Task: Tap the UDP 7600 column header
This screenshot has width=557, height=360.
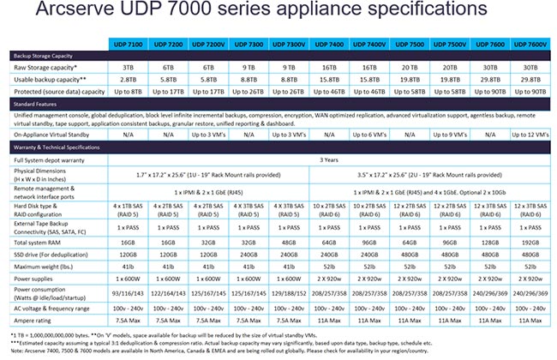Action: (x=491, y=43)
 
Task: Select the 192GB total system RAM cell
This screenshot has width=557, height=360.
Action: (x=531, y=243)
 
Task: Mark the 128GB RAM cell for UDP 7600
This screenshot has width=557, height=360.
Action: (x=491, y=243)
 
